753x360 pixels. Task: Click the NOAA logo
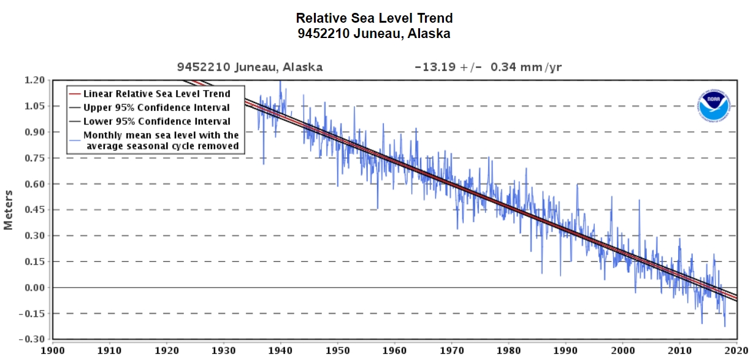[713, 105]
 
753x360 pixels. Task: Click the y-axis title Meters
[9, 210]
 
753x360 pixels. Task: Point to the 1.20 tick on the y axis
[35, 80]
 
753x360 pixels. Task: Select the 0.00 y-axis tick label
[35, 288]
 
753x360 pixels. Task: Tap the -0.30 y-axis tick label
[33, 339]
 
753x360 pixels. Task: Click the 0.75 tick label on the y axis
[35, 158]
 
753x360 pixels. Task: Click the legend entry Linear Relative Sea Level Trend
[157, 94]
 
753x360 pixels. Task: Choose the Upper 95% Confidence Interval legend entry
[156, 107]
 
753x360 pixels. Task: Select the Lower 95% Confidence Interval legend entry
[156, 121]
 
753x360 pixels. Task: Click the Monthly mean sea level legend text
[161, 140]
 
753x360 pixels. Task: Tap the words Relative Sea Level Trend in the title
[374, 18]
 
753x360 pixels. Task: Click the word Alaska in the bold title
[427, 34]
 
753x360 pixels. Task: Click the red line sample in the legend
[75, 94]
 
